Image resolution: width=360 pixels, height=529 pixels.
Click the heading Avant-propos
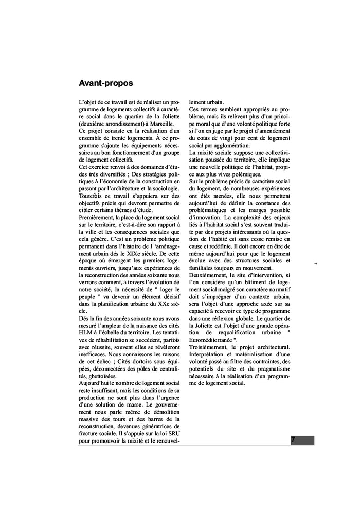pos(106,82)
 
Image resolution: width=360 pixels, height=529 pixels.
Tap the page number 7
pos(293,440)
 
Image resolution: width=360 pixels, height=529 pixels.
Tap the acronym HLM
pos(86,332)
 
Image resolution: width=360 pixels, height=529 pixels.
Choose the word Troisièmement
pos(209,347)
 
